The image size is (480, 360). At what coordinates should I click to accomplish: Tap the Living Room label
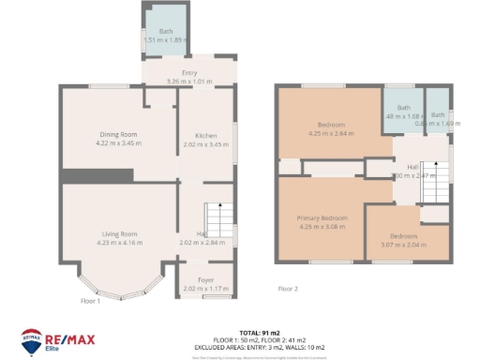tap(119, 233)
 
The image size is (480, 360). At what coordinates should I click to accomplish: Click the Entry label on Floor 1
tap(188, 73)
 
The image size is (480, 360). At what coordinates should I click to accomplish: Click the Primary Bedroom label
tap(322, 217)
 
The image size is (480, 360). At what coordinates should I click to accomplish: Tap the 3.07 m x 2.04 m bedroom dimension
tap(403, 244)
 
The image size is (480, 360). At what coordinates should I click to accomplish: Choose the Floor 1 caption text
tap(90, 300)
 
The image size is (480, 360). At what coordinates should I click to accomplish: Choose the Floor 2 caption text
tap(288, 289)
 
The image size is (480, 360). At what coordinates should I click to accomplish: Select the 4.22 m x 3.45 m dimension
tap(119, 143)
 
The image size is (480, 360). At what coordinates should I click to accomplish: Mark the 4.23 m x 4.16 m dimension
tap(119, 242)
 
